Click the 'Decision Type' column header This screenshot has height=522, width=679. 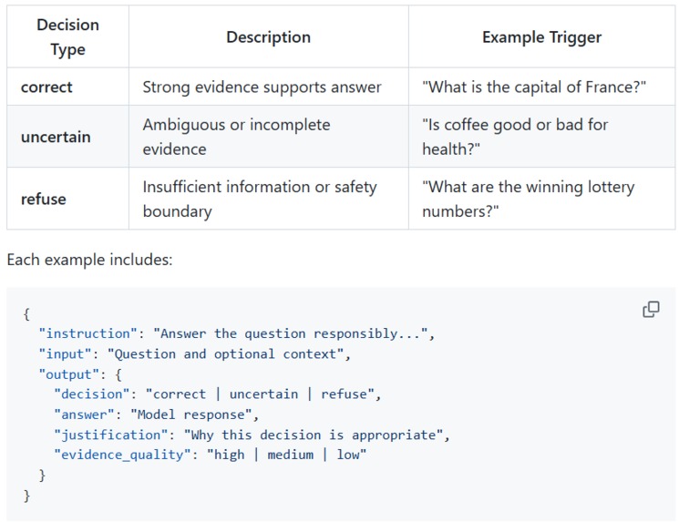68,37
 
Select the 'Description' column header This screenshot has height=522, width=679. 269,37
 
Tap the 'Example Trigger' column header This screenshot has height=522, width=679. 541,37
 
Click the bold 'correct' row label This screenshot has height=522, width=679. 46,87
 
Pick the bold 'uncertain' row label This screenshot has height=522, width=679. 56,137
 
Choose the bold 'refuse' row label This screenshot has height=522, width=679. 44,200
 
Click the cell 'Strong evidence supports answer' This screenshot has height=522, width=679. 262,87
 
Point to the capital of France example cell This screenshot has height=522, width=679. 534,87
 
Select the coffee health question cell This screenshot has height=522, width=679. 515,137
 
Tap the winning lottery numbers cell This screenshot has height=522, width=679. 529,200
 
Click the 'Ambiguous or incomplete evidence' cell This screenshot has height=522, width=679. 236,137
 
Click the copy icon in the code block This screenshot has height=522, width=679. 651,310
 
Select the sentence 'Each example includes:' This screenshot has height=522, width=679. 89,260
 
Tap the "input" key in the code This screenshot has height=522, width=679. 65,354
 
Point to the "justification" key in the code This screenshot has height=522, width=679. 111,435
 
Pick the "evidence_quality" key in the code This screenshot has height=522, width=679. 122,455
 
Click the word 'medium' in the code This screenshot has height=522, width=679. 291,455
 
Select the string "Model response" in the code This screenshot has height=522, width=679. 191,415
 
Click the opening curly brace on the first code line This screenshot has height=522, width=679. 26,313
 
